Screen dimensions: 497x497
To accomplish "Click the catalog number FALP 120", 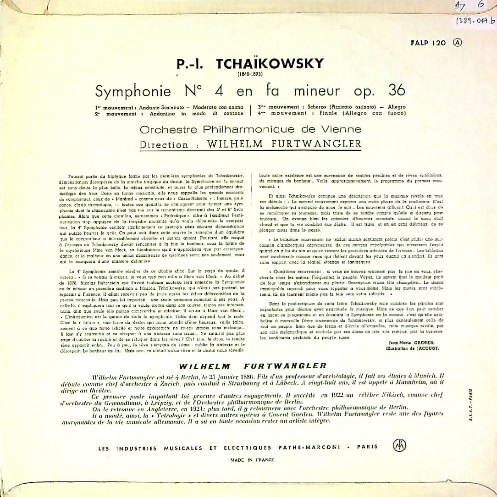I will tap(429, 43).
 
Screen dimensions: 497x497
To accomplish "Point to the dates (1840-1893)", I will tap(250, 74).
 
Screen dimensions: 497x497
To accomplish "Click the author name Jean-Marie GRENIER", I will tap(408, 342).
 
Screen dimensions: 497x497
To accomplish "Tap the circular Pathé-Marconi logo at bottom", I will tap(399, 445).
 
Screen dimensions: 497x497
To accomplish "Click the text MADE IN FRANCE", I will tap(252, 459).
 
